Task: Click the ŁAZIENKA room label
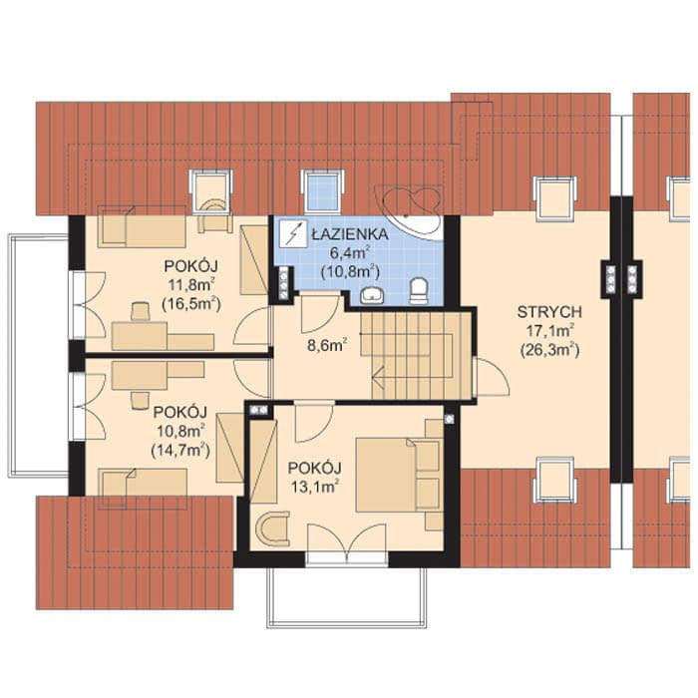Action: coord(349,234)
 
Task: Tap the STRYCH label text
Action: coord(549,312)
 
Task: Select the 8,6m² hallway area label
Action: coord(328,345)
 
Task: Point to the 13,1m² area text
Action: coord(315,487)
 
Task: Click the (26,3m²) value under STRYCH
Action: coord(549,350)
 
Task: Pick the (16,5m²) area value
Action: coord(191,304)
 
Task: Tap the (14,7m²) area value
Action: coord(180,450)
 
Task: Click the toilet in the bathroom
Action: coord(419,291)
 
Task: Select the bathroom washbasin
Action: coord(372,295)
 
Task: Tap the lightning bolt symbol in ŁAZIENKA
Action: coord(291,233)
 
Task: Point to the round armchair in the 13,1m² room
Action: coord(272,528)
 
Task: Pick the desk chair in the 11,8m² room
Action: coord(141,311)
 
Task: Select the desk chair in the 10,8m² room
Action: coord(141,400)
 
